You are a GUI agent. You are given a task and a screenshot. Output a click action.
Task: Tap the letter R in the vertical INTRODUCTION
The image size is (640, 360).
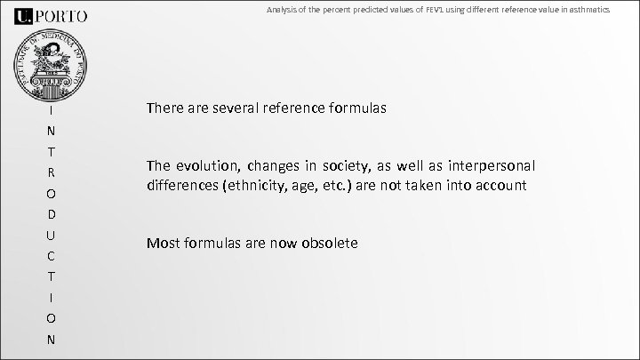(52, 172)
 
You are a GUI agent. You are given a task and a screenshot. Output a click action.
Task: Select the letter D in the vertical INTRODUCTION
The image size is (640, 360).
(52, 214)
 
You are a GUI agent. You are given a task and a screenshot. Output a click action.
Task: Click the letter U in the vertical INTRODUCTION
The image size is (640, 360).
(52, 235)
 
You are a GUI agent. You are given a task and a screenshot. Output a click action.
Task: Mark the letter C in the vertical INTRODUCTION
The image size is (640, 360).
(52, 256)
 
